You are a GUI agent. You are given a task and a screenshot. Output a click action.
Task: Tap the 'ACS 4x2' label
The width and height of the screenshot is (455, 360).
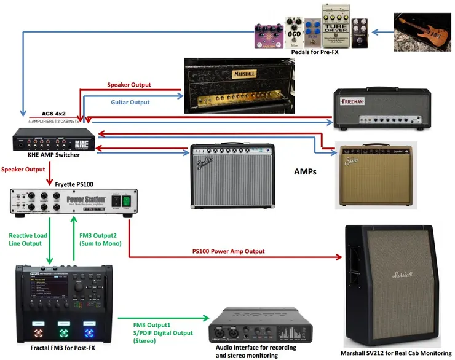(x=55, y=114)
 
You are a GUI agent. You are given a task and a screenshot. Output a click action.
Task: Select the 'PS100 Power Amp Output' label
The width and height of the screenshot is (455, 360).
(x=228, y=251)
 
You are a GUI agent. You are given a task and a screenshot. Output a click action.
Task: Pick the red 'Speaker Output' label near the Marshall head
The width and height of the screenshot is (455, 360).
(x=129, y=85)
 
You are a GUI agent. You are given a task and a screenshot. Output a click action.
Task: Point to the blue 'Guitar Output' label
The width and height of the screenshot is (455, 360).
(x=130, y=102)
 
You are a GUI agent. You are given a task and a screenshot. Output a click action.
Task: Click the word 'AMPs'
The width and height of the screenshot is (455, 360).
(x=305, y=173)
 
